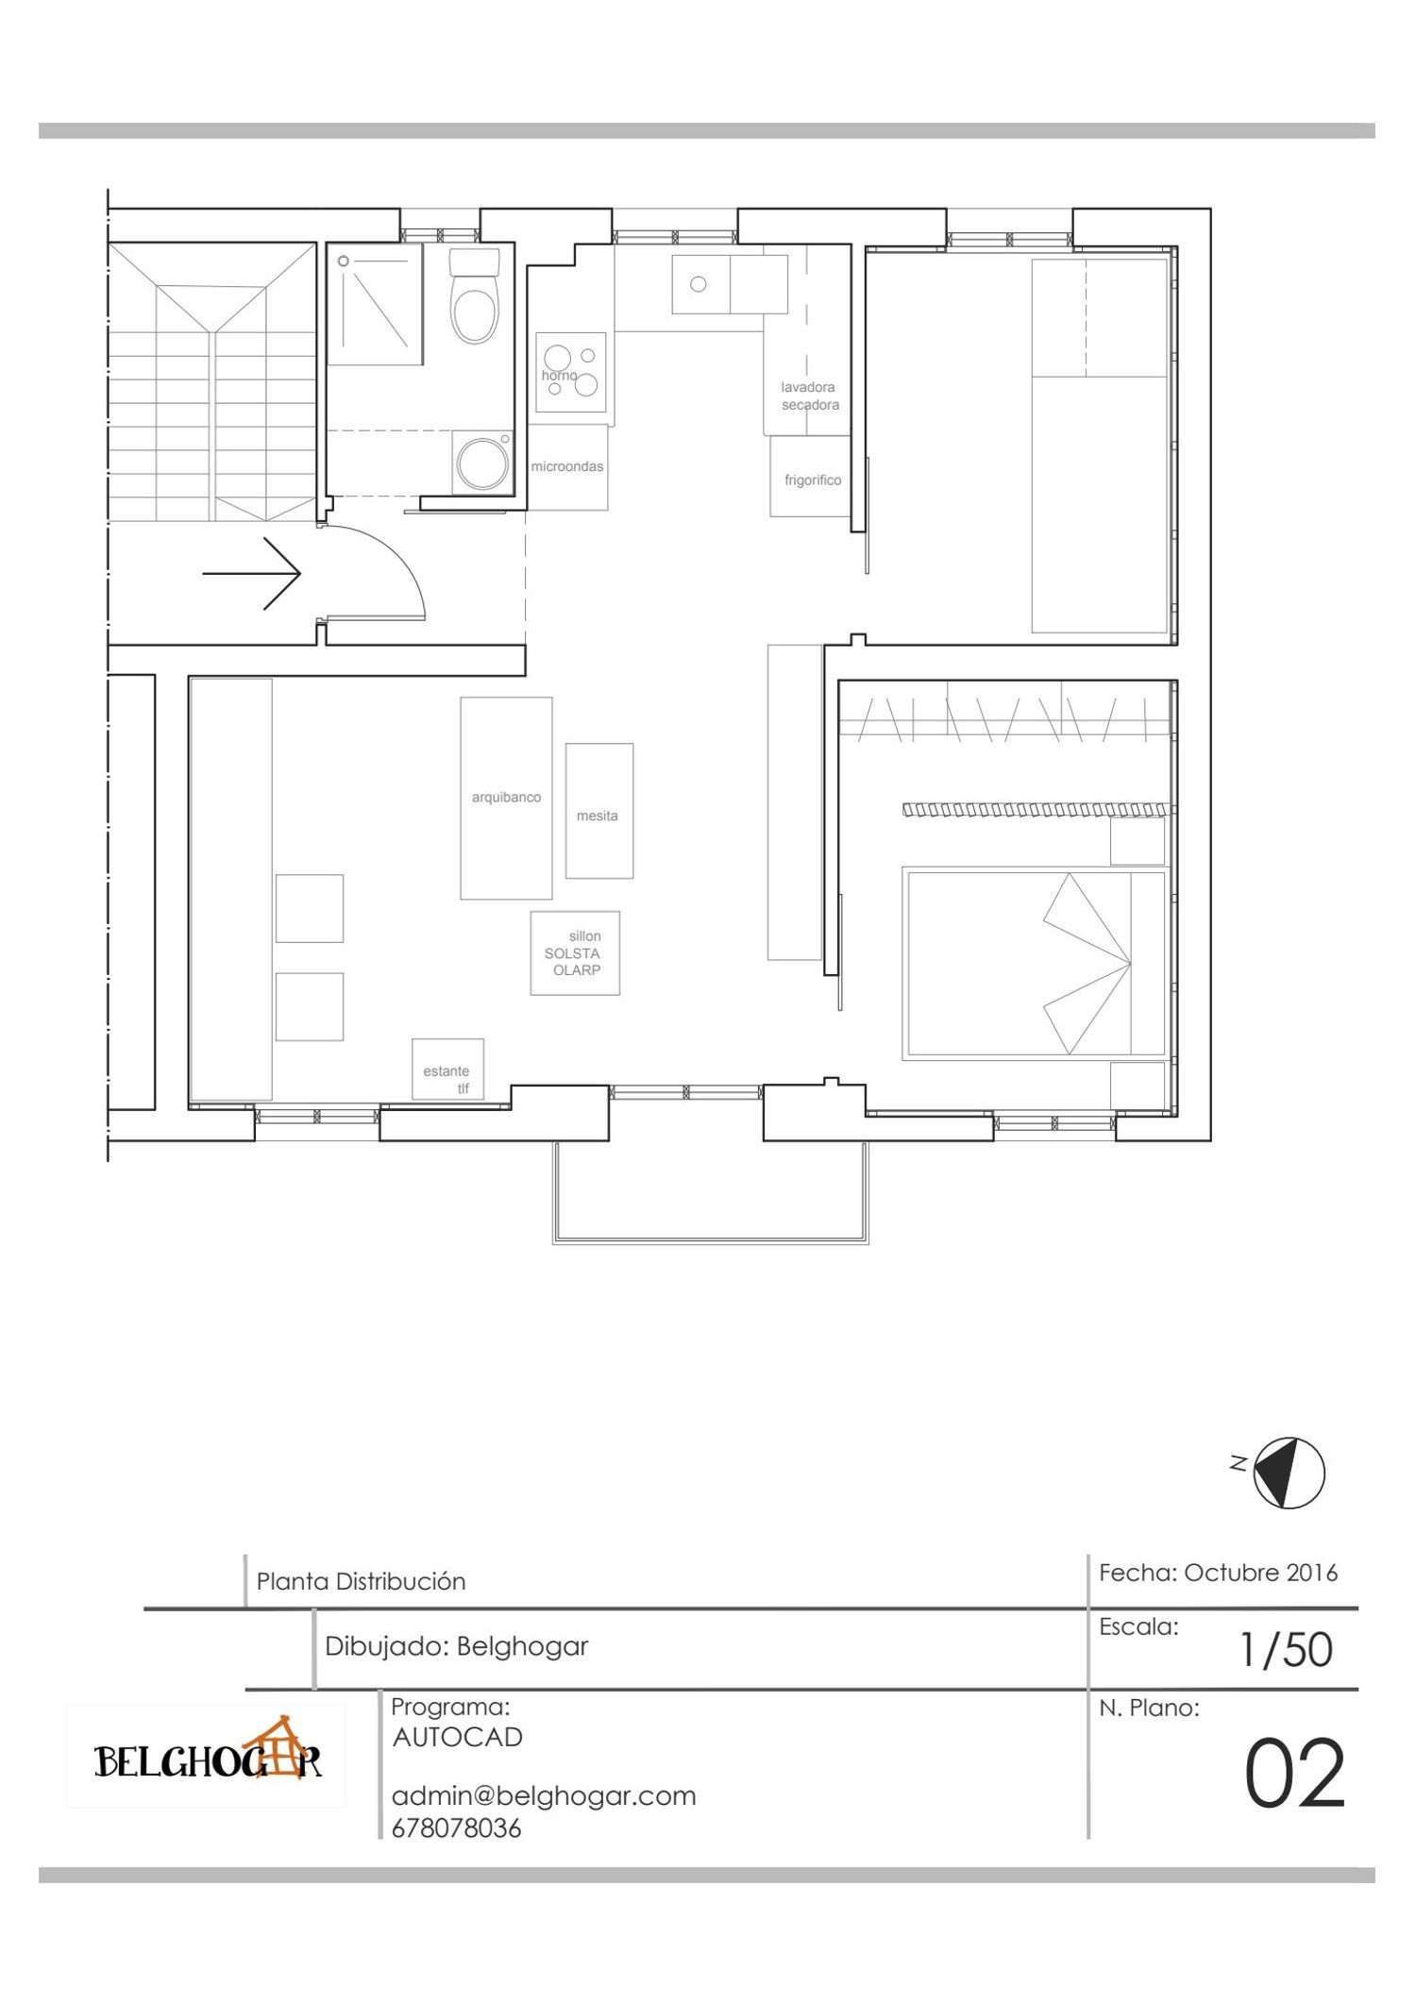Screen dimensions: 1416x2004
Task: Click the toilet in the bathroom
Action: (x=474, y=295)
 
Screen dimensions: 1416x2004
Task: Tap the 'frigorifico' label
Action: (x=813, y=480)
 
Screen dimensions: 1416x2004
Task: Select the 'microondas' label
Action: (x=567, y=466)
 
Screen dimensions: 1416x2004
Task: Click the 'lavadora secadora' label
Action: (x=810, y=396)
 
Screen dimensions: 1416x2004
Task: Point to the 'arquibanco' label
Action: (x=506, y=798)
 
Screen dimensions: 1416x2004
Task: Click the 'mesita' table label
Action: (x=598, y=816)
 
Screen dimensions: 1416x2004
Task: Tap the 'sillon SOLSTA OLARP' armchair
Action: (x=575, y=953)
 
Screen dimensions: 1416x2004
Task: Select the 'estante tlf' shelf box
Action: (x=447, y=1069)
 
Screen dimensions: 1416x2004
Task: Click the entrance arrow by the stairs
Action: (x=252, y=573)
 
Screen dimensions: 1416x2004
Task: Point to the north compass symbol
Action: (x=1289, y=1473)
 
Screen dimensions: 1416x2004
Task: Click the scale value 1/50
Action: (x=1287, y=1650)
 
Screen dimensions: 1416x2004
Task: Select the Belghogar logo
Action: (x=208, y=1756)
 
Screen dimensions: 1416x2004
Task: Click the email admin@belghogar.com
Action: (x=544, y=1795)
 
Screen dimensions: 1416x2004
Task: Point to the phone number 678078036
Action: (x=456, y=1828)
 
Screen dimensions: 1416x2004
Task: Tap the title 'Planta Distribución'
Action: (x=362, y=1582)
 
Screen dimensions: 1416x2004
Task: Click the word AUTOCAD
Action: (x=458, y=1737)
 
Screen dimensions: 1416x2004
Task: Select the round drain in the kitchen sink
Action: (x=699, y=284)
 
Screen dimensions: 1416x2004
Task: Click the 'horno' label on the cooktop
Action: (x=559, y=376)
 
